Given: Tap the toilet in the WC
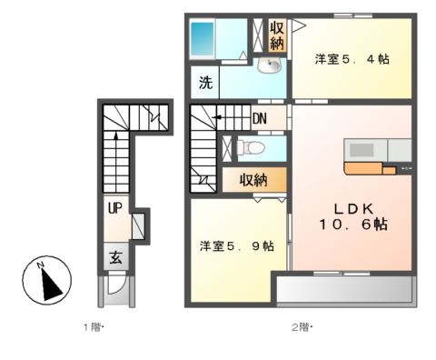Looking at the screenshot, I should pos(255,147).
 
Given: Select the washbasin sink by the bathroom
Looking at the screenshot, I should pos(270,65).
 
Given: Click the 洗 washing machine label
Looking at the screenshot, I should pos(205,84).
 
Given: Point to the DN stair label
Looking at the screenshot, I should pos(260,117).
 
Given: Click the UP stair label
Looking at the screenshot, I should pos(114,207).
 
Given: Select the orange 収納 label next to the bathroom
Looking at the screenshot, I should pos(276,35).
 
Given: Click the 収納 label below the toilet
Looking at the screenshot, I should pos(253,179).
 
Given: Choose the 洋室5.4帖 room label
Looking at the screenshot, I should pos(352,59).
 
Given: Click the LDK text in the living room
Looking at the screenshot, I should pos(352,205).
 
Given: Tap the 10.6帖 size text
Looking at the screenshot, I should pos(352,224).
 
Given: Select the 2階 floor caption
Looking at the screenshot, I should pos(301,326).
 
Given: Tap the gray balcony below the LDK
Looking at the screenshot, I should pos(344,290).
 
